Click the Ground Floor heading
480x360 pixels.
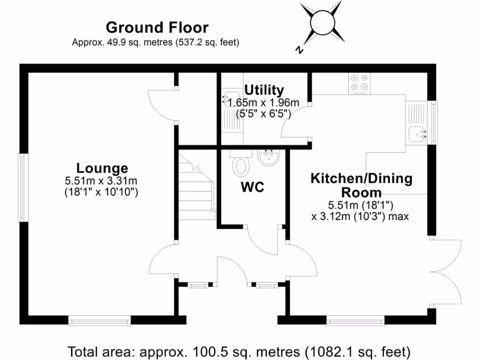(157, 27)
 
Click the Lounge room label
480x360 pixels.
(102, 168)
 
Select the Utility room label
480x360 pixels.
(264, 90)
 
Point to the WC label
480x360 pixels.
(253, 187)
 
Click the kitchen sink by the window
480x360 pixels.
(417, 134)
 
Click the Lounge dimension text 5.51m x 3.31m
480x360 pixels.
(102, 180)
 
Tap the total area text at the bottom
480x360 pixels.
(240, 351)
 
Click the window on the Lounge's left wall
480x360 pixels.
(22, 187)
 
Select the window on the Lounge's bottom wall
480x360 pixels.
(99, 320)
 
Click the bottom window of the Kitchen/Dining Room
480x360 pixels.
(355, 320)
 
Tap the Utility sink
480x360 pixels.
(230, 100)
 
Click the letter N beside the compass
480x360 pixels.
(299, 49)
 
